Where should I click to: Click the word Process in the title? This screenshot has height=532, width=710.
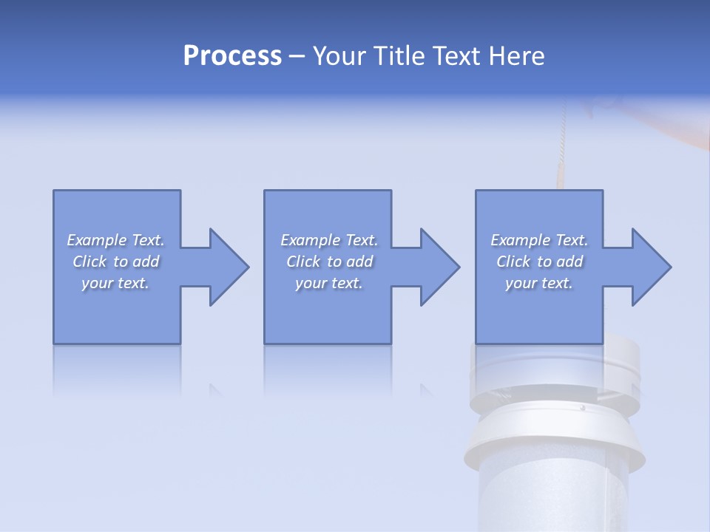click(232, 56)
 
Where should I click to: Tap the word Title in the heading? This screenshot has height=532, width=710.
click(397, 56)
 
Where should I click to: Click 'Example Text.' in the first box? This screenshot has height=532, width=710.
click(116, 240)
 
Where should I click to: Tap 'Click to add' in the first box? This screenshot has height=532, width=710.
click(116, 262)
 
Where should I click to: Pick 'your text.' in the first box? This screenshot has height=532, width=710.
click(116, 283)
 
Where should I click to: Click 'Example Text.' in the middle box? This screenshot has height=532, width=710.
click(328, 240)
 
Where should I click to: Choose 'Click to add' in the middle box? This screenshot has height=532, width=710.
click(328, 262)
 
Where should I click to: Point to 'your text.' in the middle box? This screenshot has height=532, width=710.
click(328, 283)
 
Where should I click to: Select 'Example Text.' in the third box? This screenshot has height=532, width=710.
click(539, 240)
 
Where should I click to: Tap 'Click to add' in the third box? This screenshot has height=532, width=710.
click(539, 262)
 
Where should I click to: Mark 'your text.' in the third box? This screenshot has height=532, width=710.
click(539, 283)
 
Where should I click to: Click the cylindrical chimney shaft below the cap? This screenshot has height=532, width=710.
click(551, 495)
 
